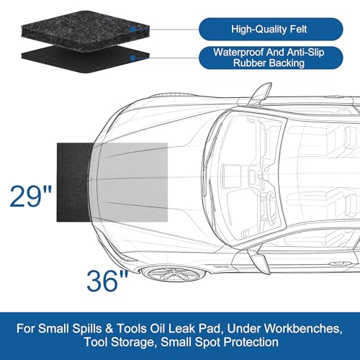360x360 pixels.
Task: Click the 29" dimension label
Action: tap(31, 197)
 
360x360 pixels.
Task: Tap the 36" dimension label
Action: tap(107, 281)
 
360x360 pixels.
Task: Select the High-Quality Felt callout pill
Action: tap(271, 30)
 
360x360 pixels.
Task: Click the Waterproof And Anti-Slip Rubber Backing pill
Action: tap(271, 58)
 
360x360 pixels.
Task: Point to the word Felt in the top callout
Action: tap(298, 30)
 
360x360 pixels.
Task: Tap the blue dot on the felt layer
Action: tap(132, 30)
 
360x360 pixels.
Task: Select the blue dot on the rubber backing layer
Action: tap(132, 58)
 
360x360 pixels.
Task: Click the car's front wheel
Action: tap(174, 274)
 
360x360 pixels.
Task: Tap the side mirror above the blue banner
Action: tap(258, 262)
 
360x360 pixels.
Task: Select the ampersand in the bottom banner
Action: tap(109, 328)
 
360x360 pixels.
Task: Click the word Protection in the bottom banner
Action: tap(251, 342)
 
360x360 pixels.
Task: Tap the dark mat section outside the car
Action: tap(73, 182)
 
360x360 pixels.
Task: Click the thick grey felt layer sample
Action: tap(86, 30)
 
